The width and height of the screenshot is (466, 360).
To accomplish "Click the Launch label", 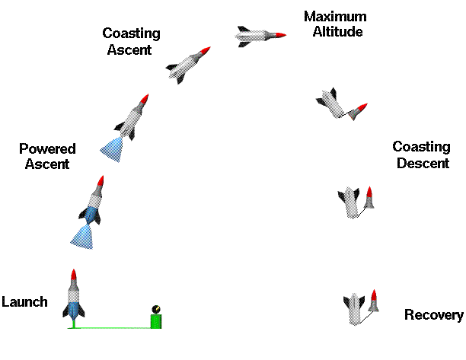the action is [x=24, y=302].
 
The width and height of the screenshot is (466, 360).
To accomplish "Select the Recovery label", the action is [x=433, y=315].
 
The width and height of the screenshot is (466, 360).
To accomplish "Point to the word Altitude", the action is [x=337, y=32].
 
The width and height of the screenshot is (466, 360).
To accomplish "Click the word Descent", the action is [x=421, y=163].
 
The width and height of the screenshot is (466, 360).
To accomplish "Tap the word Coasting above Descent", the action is [x=420, y=147].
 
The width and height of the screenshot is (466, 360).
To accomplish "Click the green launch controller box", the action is [x=156, y=320].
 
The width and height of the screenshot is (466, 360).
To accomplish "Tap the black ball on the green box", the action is [x=156, y=309].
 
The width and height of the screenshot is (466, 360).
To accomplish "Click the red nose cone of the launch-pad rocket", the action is [x=73, y=275].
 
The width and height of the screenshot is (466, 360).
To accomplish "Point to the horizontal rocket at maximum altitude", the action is [x=260, y=34].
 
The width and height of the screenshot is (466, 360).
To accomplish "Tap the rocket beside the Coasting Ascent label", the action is [x=187, y=64].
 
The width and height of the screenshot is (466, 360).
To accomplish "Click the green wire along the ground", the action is [x=114, y=327].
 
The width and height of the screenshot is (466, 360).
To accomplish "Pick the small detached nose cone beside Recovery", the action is [x=373, y=301].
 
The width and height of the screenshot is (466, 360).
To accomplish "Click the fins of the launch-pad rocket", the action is [x=73, y=311].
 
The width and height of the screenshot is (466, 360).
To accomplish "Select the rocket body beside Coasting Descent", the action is [x=350, y=202].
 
